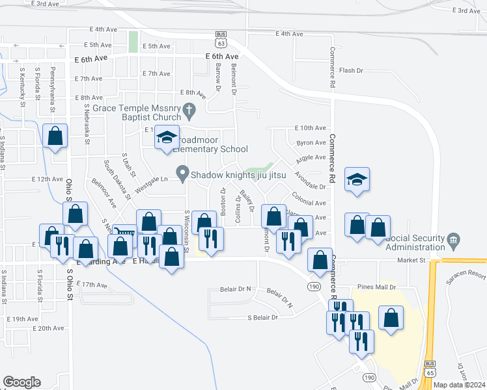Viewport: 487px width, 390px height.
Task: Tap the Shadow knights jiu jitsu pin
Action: (x=183, y=174)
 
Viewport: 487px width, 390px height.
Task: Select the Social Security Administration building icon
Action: (x=454, y=240)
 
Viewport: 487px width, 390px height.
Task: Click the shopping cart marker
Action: (x=124, y=233)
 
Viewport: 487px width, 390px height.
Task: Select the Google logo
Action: (x=21, y=382)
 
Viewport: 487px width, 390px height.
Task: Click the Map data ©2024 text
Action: (x=459, y=385)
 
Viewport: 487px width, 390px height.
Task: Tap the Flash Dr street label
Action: (x=351, y=70)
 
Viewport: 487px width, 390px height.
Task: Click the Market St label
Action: (x=412, y=260)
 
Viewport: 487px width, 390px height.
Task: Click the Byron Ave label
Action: (x=311, y=142)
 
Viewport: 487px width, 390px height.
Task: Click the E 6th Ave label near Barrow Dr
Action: (x=221, y=57)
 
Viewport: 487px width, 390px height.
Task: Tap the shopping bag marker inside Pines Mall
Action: (x=391, y=318)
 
